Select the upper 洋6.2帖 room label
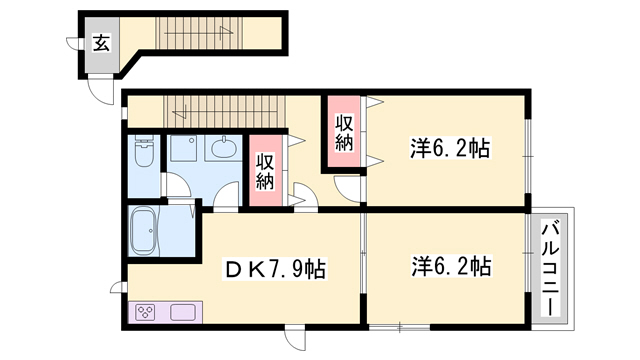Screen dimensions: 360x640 [449, 149]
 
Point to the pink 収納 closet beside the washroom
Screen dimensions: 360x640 [265, 171]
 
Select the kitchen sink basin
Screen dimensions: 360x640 [182, 312]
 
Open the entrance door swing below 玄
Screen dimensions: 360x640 [101, 89]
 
